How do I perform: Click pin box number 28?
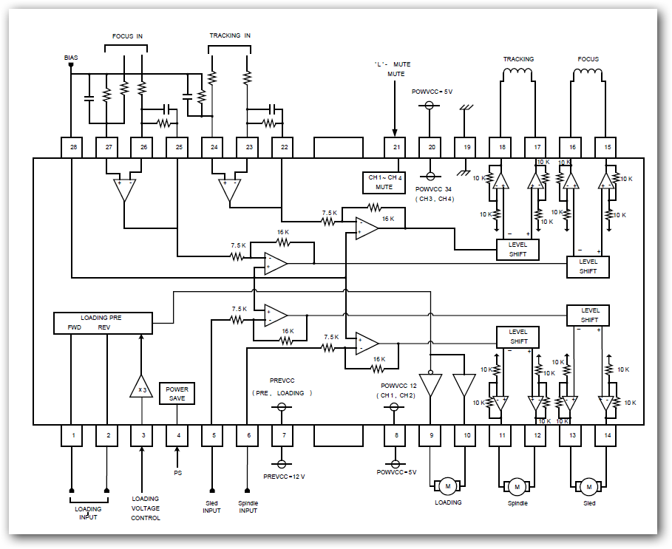click(72, 147)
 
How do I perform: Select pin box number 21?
click(396, 147)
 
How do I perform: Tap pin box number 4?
click(177, 436)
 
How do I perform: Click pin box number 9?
click(431, 436)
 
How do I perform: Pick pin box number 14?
click(608, 436)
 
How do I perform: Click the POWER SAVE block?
click(177, 394)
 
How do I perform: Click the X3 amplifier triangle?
click(142, 386)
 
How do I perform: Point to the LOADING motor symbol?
click(448, 486)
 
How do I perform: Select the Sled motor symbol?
click(589, 487)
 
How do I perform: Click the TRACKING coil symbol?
click(518, 73)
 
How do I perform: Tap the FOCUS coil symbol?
click(588, 73)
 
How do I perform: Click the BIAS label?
click(71, 57)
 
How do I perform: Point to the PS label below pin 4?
click(177, 472)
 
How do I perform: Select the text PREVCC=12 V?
click(285, 477)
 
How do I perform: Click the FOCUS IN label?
click(126, 35)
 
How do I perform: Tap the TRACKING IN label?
click(230, 35)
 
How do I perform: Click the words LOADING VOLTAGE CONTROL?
click(146, 508)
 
